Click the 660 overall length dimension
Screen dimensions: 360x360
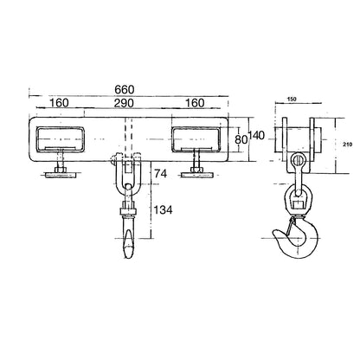click(125, 90)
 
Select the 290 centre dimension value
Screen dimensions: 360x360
click(124, 103)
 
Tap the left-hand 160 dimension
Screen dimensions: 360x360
click(59, 103)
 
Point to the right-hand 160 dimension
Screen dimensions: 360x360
click(195, 103)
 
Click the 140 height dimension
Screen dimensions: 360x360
click(256, 135)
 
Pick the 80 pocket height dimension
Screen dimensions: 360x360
click(241, 139)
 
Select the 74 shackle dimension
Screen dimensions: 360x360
click(161, 174)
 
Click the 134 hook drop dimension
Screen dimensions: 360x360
click(163, 210)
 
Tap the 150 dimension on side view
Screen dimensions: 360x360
click(292, 100)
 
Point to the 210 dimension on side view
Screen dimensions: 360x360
click(348, 145)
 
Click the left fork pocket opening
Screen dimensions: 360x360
click(60, 139)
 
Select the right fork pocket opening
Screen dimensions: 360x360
click(196, 139)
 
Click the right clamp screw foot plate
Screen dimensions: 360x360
click(196, 175)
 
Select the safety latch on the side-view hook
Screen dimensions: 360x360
click(291, 226)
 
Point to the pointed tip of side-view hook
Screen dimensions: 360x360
click(274, 233)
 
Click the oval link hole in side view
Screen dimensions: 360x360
click(298, 159)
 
